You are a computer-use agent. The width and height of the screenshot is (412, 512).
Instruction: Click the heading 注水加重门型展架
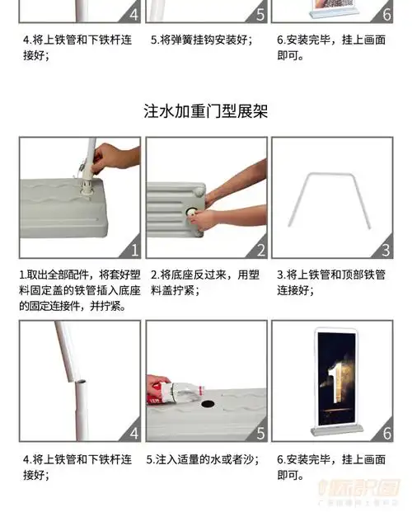(x=205, y=110)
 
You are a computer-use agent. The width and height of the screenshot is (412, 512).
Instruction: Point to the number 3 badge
(x=385, y=249)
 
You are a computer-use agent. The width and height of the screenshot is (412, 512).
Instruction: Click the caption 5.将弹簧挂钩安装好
(x=199, y=39)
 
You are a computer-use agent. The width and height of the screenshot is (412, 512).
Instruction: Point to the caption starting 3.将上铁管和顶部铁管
(x=331, y=282)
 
